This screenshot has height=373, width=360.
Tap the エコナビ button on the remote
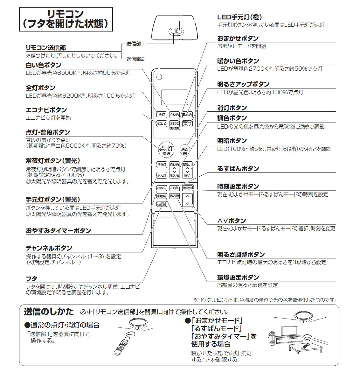[x=162, y=123]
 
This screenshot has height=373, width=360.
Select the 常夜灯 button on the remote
[x=161, y=165]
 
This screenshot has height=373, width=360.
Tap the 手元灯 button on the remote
[x=161, y=175]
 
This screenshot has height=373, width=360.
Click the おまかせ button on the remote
[x=174, y=123]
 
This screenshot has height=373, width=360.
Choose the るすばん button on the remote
[x=174, y=188]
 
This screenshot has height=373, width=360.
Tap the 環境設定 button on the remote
[x=161, y=196]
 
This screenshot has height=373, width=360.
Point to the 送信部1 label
[x=135, y=44]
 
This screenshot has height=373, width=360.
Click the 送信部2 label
[x=135, y=59]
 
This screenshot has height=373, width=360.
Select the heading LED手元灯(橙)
[x=239, y=17]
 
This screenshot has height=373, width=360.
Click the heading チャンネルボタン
[x=49, y=248]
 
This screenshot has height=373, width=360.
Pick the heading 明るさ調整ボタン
[x=241, y=255]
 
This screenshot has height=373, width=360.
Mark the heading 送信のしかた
[x=49, y=312]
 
